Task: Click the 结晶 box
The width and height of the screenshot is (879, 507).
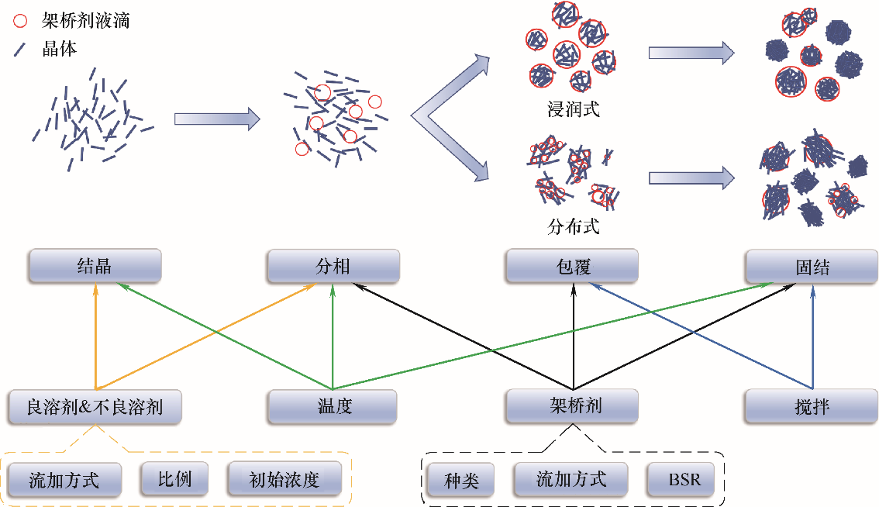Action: click(x=95, y=266)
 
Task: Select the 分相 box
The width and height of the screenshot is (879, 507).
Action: click(x=333, y=266)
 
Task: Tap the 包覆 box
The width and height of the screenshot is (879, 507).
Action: click(x=573, y=266)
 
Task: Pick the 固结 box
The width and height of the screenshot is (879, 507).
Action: click(x=812, y=266)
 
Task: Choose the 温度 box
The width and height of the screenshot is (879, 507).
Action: click(x=333, y=406)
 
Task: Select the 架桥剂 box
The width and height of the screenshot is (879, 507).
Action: click(x=573, y=406)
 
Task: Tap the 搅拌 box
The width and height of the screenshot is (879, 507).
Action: click(x=812, y=406)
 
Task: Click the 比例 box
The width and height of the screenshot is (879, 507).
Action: click(x=166, y=479)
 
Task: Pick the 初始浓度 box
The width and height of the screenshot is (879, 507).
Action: click(x=284, y=479)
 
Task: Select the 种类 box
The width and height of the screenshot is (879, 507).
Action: click(x=461, y=480)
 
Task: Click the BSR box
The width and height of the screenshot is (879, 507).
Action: click(x=684, y=480)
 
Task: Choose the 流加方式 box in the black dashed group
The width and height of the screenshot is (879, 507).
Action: click(x=571, y=480)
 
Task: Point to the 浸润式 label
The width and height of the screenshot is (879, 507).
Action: click(x=574, y=109)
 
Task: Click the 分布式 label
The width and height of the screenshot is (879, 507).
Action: click(x=574, y=227)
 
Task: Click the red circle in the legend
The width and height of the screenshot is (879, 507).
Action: click(x=21, y=21)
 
